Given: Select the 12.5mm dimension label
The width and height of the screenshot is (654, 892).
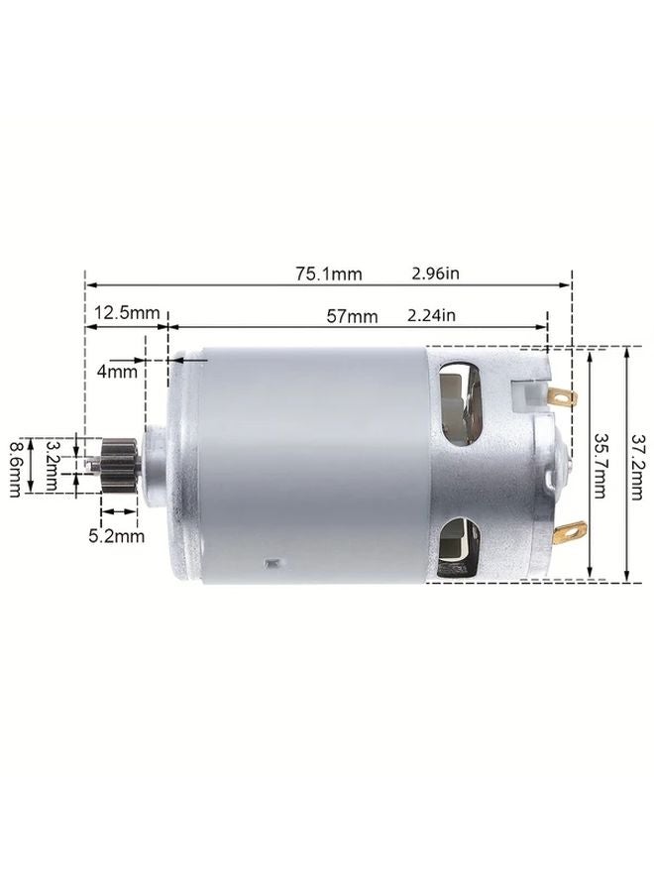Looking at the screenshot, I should [127, 313].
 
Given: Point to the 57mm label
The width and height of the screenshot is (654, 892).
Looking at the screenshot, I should [352, 317].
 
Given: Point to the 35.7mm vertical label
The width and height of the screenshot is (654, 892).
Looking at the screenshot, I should [601, 463].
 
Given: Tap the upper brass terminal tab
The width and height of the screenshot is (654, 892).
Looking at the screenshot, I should [561, 398].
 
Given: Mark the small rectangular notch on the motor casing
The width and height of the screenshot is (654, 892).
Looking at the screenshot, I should [271, 564].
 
